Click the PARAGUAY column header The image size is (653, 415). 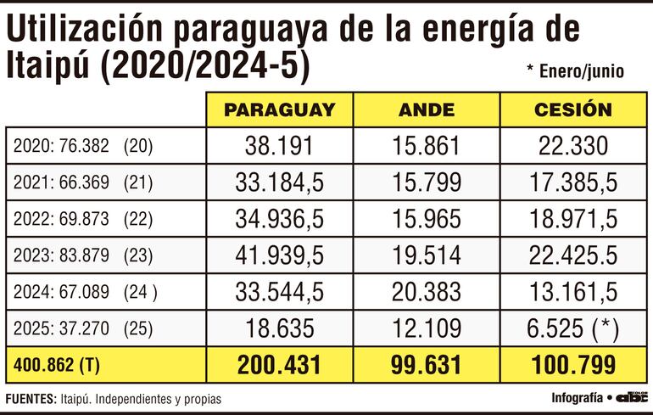[279, 109]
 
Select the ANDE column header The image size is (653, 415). [426, 109]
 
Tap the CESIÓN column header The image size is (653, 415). [572, 109]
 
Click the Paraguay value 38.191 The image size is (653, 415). [279, 146]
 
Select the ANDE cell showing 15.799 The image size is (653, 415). [426, 182]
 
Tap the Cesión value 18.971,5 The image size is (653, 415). [572, 219]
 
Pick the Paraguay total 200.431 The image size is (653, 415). [279, 366]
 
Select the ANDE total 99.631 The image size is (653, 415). [426, 366]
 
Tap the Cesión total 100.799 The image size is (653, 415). [572, 366]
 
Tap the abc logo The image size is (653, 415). [631, 396]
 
